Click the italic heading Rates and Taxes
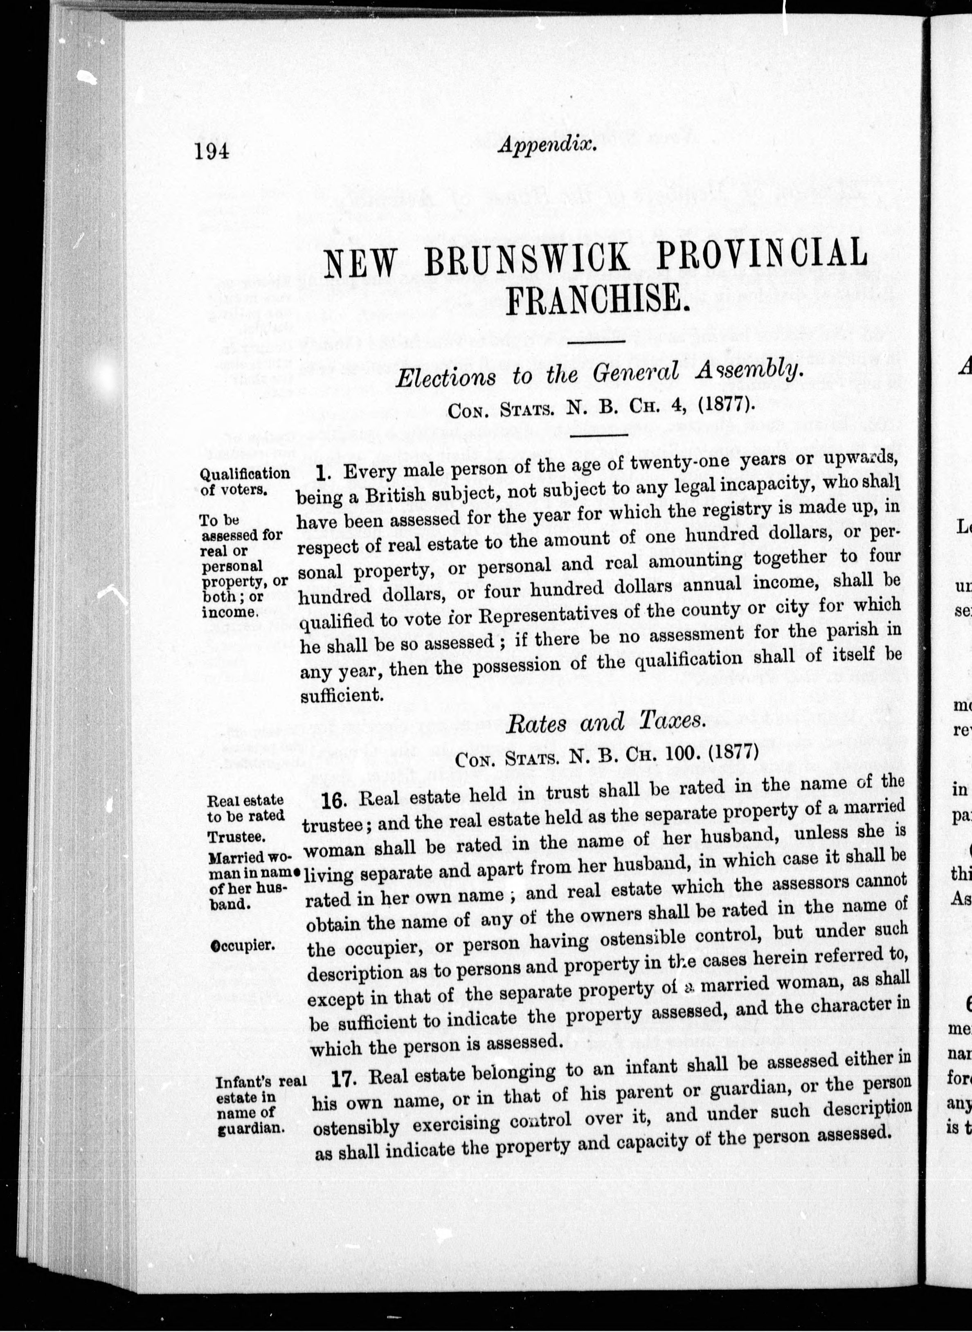coord(605,722)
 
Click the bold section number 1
coord(321,472)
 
